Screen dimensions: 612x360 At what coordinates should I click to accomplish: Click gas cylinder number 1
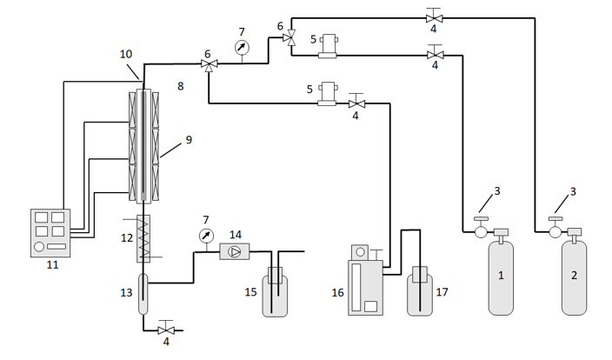click(x=501, y=277)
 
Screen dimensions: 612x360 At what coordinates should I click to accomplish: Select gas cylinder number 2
click(x=574, y=277)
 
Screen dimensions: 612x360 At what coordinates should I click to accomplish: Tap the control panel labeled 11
click(x=50, y=233)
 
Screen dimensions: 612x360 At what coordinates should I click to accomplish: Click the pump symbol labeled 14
click(x=235, y=252)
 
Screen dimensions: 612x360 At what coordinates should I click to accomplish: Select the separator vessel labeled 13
click(x=143, y=294)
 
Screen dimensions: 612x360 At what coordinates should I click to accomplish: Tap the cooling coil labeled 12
click(x=143, y=238)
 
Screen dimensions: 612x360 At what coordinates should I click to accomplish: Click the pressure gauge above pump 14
click(x=206, y=236)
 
